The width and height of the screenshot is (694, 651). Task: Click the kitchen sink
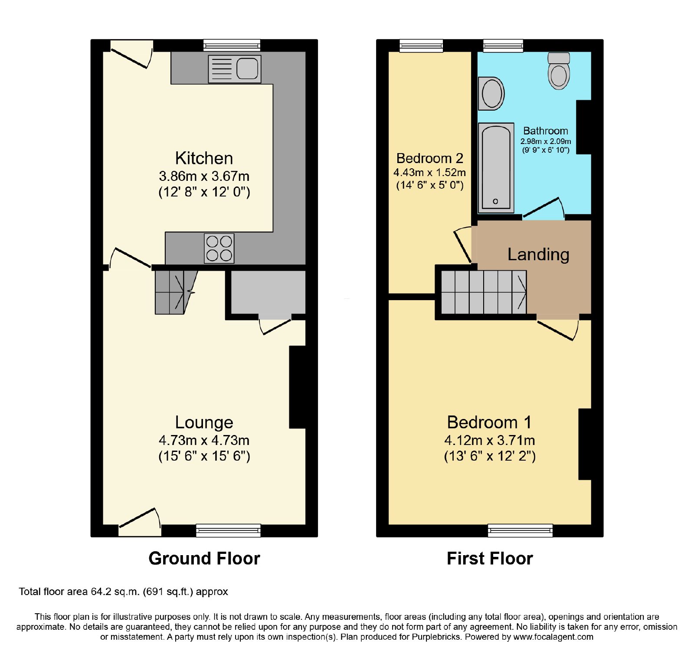(x=235, y=69)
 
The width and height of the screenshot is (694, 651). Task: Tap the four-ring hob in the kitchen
(x=219, y=249)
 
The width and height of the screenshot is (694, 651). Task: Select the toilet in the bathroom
(x=559, y=71)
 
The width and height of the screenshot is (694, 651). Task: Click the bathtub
(x=496, y=168)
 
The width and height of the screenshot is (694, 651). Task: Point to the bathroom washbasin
(x=491, y=94)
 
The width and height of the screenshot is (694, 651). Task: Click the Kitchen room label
(x=204, y=158)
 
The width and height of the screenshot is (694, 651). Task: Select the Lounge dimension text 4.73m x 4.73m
(x=204, y=440)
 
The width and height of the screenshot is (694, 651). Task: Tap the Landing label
(x=538, y=255)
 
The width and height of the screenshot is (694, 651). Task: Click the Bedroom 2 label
(x=430, y=158)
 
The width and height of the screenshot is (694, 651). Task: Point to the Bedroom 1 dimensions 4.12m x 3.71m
(x=490, y=440)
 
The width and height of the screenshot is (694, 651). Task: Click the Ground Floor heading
(x=204, y=559)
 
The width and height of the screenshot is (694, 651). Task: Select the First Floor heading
(x=490, y=559)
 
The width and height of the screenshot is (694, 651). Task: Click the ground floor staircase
(x=176, y=292)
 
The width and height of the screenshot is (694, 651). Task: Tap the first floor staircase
(x=484, y=292)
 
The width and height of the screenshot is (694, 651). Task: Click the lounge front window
(x=228, y=530)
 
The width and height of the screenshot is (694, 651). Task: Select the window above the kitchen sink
(x=232, y=45)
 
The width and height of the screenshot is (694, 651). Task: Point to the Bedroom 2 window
(x=421, y=46)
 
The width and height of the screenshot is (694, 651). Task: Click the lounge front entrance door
(x=140, y=522)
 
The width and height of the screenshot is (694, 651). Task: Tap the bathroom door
(x=543, y=209)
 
